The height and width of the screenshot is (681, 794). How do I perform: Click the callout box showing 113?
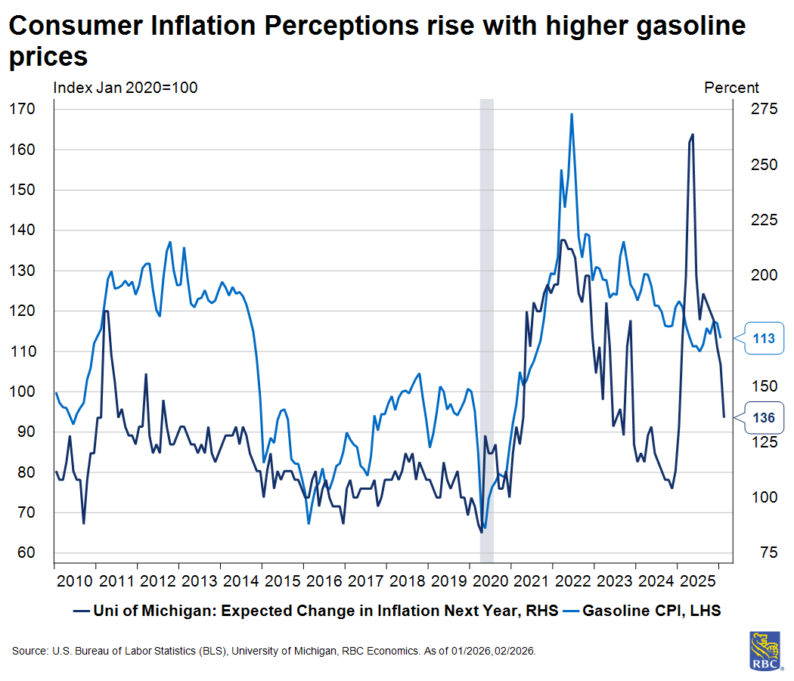point(763,338)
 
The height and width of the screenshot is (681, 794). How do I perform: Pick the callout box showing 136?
point(763,417)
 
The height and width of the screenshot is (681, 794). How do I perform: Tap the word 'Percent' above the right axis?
point(731,88)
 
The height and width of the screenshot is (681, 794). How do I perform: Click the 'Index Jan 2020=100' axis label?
point(125,88)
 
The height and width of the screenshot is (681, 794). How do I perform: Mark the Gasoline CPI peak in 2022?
point(572,114)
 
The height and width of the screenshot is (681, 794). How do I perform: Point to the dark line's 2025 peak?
point(692,135)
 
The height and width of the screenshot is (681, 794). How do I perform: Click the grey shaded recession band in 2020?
point(487,302)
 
